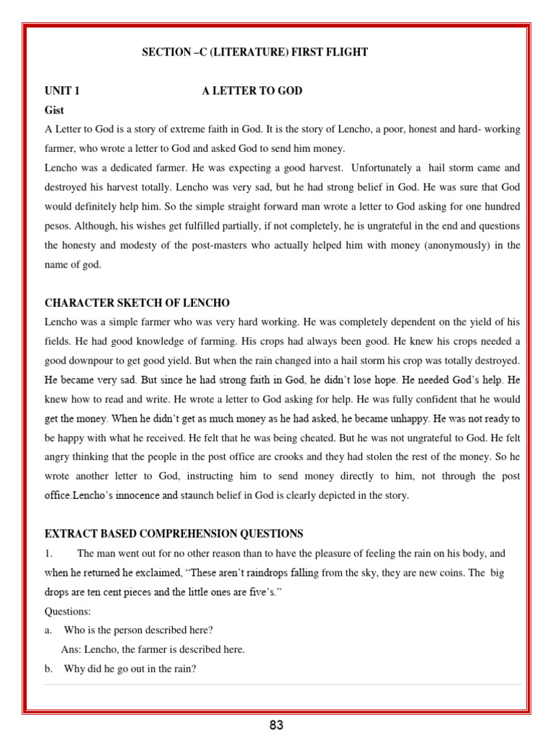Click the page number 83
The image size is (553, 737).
click(276, 725)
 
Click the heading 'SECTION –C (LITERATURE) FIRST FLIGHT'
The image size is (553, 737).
click(255, 53)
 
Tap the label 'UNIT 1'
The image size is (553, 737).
click(63, 91)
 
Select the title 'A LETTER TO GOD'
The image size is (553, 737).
click(252, 91)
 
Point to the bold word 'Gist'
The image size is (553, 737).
click(54, 110)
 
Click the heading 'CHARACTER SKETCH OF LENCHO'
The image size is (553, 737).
click(137, 302)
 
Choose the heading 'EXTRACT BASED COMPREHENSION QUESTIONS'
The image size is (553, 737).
click(174, 534)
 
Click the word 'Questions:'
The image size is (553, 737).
click(68, 612)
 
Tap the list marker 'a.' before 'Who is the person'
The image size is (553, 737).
click(49, 630)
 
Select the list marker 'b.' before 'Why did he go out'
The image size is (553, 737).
click(49, 669)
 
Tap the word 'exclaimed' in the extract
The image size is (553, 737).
click(159, 573)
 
